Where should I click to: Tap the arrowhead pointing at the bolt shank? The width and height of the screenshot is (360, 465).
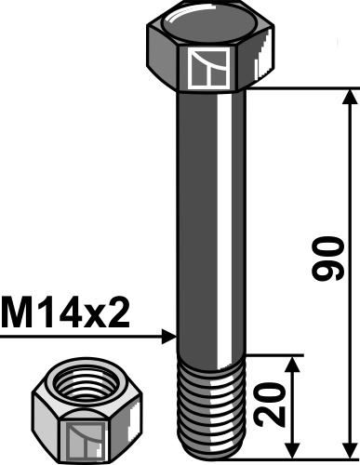168,335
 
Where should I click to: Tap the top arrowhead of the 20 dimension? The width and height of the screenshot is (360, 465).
295,363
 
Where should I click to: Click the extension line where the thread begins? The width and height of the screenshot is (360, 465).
274,354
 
